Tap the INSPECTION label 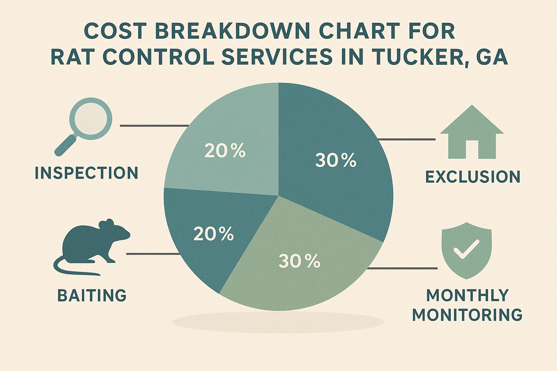(86, 173)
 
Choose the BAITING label (92, 296)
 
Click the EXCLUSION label (473, 177)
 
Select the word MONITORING (467, 315)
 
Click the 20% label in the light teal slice (225, 151)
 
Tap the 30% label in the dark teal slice (336, 160)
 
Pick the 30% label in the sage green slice (300, 261)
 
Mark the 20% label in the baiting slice (214, 234)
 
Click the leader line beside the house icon (406, 139)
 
